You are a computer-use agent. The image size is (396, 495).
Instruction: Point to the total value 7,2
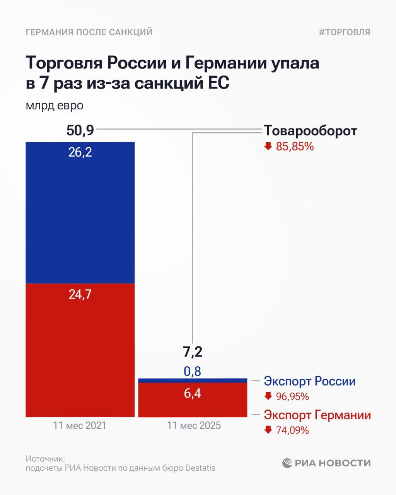click(x=193, y=352)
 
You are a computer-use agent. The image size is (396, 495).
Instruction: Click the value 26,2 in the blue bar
click(x=80, y=152)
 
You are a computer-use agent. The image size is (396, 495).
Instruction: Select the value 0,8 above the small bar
click(x=193, y=372)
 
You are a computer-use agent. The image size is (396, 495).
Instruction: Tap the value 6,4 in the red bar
click(x=193, y=394)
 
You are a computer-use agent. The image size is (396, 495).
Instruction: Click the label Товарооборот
click(x=310, y=131)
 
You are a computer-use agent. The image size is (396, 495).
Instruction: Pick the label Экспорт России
click(x=309, y=381)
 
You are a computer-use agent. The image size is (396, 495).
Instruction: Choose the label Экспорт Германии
click(x=317, y=415)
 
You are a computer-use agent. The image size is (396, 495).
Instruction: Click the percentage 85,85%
click(x=294, y=147)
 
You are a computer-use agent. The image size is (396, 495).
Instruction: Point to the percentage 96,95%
click(x=292, y=396)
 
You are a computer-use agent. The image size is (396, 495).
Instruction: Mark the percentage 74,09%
click(x=292, y=430)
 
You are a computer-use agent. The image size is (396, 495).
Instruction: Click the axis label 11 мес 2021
click(x=80, y=426)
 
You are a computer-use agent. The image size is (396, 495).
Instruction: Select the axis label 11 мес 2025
click(x=194, y=426)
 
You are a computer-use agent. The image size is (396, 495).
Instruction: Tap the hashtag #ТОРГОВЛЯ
click(x=344, y=32)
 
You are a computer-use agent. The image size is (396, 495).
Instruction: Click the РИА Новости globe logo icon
click(x=287, y=463)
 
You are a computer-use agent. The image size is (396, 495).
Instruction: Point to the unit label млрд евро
click(x=55, y=106)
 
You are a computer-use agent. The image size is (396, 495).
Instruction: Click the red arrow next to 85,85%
click(x=268, y=147)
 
